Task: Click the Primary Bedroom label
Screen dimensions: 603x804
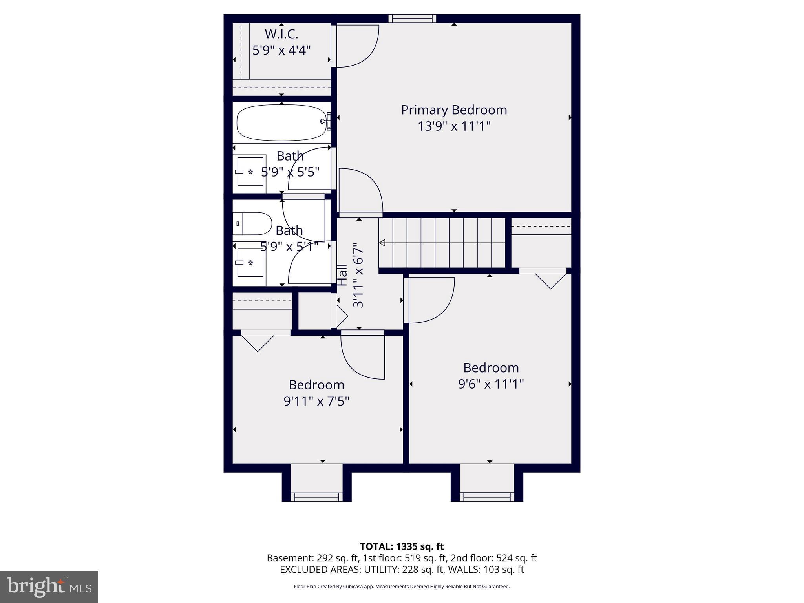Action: tap(454, 110)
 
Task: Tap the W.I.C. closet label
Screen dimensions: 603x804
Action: tap(281, 35)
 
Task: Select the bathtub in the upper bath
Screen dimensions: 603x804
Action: tap(281, 122)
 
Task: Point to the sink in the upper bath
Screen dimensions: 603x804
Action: tap(250, 172)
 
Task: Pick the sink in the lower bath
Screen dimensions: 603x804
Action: tap(250, 262)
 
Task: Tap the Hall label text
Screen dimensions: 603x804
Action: tap(342, 275)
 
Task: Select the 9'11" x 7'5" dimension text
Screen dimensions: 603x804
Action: tap(316, 401)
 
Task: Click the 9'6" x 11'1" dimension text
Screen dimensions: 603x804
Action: tap(491, 384)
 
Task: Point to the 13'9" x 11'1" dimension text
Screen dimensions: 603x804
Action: tap(454, 126)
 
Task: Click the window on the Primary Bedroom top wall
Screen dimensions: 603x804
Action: tap(412, 18)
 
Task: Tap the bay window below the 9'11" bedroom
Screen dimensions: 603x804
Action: tap(316, 497)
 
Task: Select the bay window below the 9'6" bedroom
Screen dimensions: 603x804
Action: tap(487, 497)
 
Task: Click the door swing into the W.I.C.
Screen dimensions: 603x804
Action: tap(355, 45)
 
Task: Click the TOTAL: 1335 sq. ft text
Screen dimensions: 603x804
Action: tap(402, 546)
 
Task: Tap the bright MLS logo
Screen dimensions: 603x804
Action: tap(49, 587)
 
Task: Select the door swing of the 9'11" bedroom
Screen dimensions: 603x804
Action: tap(363, 355)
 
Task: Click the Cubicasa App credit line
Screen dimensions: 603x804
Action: tap(402, 587)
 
